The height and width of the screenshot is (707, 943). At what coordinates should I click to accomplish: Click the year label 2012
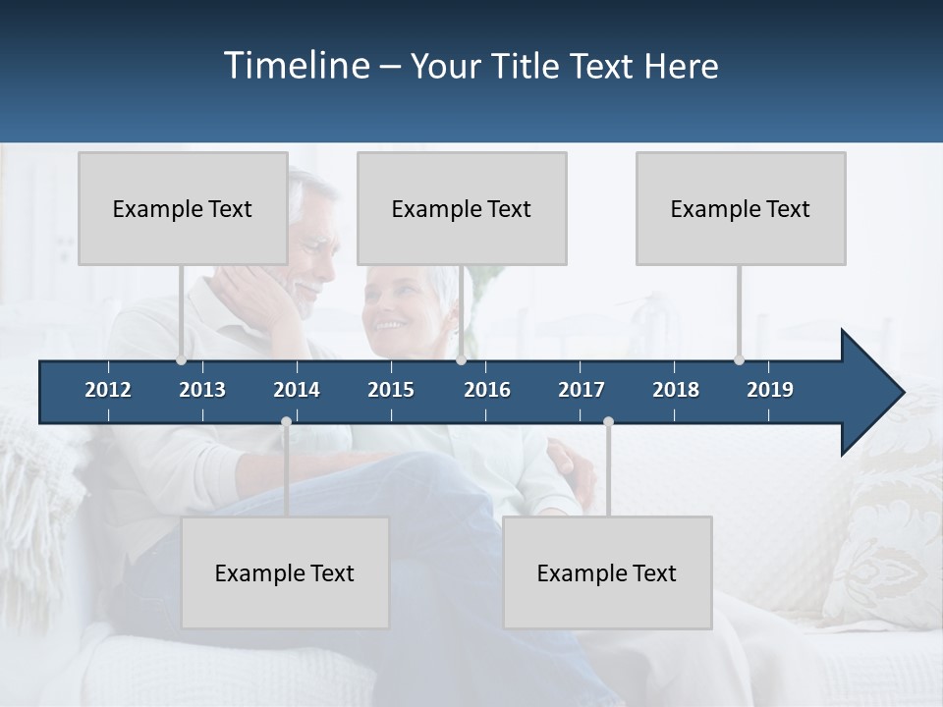108,390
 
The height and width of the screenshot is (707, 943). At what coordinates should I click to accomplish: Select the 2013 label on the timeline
202,390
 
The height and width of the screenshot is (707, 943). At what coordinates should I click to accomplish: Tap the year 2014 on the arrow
297,390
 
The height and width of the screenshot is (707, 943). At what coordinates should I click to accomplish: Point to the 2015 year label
391,390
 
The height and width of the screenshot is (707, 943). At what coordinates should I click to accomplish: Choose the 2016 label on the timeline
487,390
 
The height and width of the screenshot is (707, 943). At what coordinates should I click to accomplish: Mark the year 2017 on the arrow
582,390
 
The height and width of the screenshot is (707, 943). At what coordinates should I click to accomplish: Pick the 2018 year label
676,390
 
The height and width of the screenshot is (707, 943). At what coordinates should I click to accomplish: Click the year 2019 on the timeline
770,390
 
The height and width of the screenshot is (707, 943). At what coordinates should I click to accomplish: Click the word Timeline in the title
295,66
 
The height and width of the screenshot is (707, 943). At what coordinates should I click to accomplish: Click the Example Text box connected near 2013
183,208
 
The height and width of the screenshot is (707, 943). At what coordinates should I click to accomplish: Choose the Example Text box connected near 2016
462,208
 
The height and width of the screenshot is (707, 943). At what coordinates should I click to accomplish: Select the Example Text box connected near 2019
741,208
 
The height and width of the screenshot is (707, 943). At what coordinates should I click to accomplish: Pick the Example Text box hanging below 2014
285,572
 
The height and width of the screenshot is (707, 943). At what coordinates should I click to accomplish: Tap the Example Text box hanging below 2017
607,572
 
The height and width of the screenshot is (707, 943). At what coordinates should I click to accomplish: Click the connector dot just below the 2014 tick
286,422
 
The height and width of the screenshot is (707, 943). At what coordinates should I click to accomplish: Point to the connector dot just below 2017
608,422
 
